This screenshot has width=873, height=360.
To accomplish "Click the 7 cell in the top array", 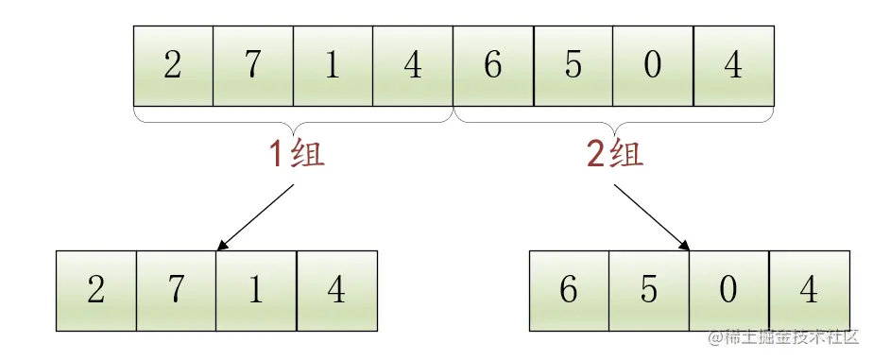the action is point(253,66).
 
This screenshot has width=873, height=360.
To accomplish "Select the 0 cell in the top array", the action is point(652,66).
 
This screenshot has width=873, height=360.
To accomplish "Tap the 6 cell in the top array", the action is point(493,66).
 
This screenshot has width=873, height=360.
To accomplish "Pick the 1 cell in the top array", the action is point(333,66).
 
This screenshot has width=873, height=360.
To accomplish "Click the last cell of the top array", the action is point(733,66).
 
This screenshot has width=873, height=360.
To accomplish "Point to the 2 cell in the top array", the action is point(173,66).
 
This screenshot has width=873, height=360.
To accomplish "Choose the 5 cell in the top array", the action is point(573,66).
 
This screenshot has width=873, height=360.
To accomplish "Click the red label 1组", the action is point(297,153).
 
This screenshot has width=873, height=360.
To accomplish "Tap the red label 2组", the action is point(615,153).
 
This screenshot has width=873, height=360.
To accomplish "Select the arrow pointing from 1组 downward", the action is point(256,216).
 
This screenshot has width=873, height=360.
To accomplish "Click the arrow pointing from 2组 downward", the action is point(652,216).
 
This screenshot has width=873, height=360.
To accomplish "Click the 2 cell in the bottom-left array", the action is point(96,289).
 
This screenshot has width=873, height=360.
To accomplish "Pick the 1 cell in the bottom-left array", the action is point(256,289).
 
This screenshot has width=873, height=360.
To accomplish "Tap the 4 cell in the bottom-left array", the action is point(336,289).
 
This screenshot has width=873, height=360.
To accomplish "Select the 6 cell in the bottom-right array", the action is point(569,289).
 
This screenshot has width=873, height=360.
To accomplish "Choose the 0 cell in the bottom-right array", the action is point(728,289).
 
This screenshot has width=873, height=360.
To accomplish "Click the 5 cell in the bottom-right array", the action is point(649,289).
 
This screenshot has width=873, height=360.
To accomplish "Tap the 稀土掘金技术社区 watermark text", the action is point(791,337).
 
